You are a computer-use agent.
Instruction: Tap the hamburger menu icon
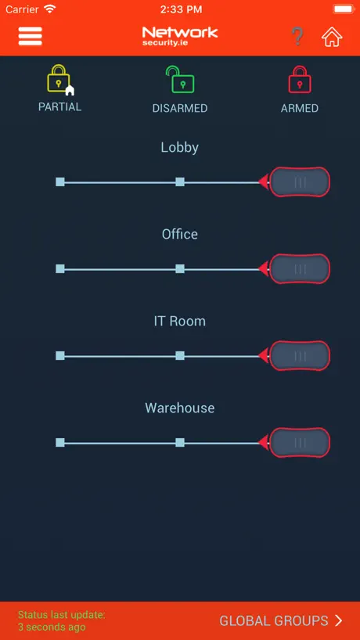31,36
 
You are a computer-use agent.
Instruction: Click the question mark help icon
297,36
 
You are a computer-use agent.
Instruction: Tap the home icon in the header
331,37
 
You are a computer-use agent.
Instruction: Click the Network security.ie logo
179,36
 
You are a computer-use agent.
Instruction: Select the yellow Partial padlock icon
59,78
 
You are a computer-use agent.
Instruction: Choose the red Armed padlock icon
300,79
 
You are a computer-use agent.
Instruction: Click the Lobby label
179,147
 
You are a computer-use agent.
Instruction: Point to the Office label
179,234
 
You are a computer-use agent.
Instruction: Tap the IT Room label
179,322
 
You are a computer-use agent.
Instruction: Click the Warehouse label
179,408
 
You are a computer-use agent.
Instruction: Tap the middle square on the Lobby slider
180,182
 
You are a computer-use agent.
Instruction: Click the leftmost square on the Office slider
60,269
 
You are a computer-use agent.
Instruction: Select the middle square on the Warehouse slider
180,443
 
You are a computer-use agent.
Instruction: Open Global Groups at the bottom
281,620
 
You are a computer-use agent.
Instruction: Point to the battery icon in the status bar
344,9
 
